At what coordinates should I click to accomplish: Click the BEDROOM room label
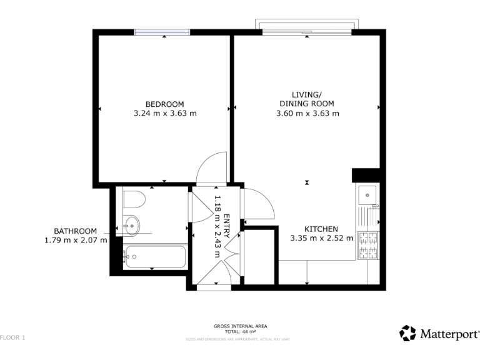165,104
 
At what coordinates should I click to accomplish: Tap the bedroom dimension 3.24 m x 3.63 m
165,114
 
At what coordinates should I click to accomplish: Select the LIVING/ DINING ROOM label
307,99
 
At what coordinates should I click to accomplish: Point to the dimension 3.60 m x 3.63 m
307,114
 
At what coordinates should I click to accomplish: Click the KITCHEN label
321,229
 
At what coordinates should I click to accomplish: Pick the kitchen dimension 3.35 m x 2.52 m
321,238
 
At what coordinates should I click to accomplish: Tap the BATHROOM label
75,230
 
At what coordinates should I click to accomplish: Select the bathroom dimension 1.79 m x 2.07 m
75,239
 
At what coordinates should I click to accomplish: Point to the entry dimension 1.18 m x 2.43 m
218,225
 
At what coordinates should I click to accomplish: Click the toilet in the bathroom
133,199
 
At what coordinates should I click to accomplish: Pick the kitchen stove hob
367,244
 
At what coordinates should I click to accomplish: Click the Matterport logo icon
407,333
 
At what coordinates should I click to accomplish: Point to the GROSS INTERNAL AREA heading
240,326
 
